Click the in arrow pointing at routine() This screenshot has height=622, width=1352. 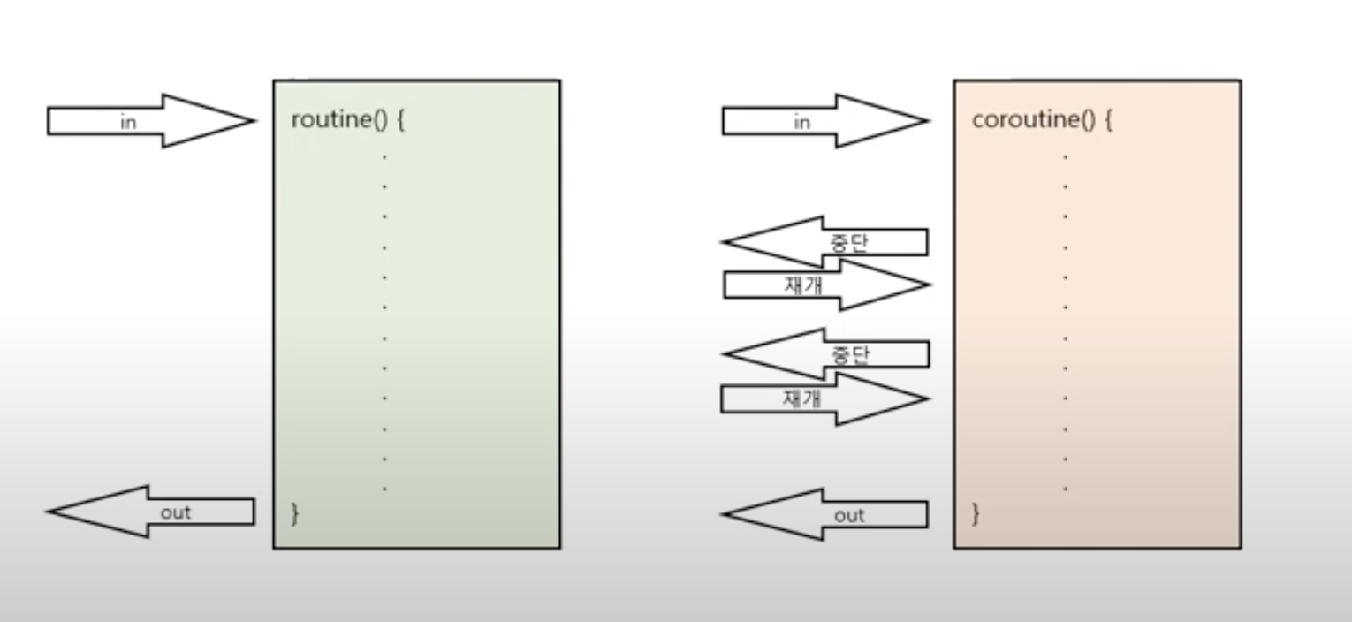tap(150, 121)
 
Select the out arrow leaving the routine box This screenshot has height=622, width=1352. tap(150, 512)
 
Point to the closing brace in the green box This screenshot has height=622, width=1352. tap(295, 513)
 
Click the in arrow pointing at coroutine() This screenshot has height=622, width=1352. tap(825, 121)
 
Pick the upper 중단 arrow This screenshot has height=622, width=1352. tap(825, 241)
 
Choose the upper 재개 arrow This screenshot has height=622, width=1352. tap(825, 284)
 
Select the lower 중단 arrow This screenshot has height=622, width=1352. tap(825, 354)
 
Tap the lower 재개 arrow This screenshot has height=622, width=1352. tap(825, 398)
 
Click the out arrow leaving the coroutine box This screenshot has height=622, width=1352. tap(825, 514)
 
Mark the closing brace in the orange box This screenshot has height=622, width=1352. tap(976, 513)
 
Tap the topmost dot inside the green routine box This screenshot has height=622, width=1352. tap(384, 156)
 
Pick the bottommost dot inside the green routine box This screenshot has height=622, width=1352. tap(384, 489)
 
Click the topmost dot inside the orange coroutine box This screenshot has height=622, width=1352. tap(1066, 156)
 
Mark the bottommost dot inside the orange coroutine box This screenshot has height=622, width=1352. tap(1066, 489)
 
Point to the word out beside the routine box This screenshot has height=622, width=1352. tap(176, 512)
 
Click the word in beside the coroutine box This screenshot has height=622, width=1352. tap(801, 123)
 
